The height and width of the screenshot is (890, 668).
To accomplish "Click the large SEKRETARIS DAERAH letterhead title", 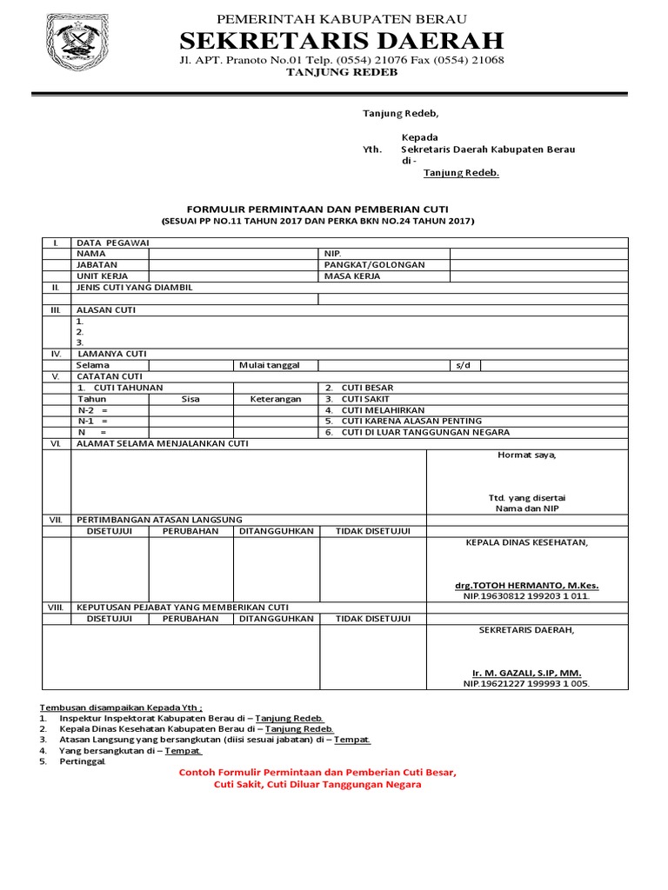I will click(x=341, y=40).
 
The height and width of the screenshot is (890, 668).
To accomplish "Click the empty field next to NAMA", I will click(x=233, y=254).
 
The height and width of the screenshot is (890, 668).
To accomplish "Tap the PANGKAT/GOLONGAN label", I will click(x=374, y=265).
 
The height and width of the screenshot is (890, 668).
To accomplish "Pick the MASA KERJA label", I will click(x=351, y=276).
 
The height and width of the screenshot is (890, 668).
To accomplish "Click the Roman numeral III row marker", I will click(x=55, y=310).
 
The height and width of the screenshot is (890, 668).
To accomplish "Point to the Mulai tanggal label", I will click(x=268, y=366).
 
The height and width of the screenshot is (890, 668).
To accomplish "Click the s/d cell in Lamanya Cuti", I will click(x=462, y=366).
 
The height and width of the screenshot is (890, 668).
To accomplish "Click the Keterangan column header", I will click(x=276, y=400).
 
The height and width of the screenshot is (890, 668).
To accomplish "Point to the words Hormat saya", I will click(x=526, y=455).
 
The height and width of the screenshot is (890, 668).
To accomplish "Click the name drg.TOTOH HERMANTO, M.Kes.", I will click(x=526, y=586).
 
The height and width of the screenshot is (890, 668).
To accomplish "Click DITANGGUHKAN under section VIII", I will click(x=276, y=619).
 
